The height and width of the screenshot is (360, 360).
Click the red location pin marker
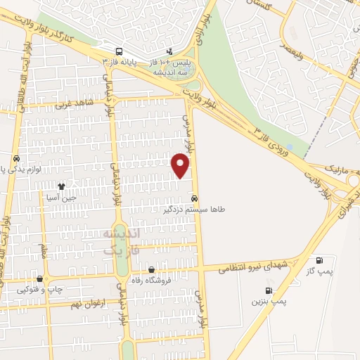pos(181,165)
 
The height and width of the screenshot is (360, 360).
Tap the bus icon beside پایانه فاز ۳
pos(120,51)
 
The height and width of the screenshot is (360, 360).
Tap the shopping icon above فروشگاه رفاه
pos(151,269)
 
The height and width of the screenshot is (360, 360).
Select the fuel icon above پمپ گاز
pos(321,259)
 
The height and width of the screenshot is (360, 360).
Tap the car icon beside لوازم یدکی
pos(16,157)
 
